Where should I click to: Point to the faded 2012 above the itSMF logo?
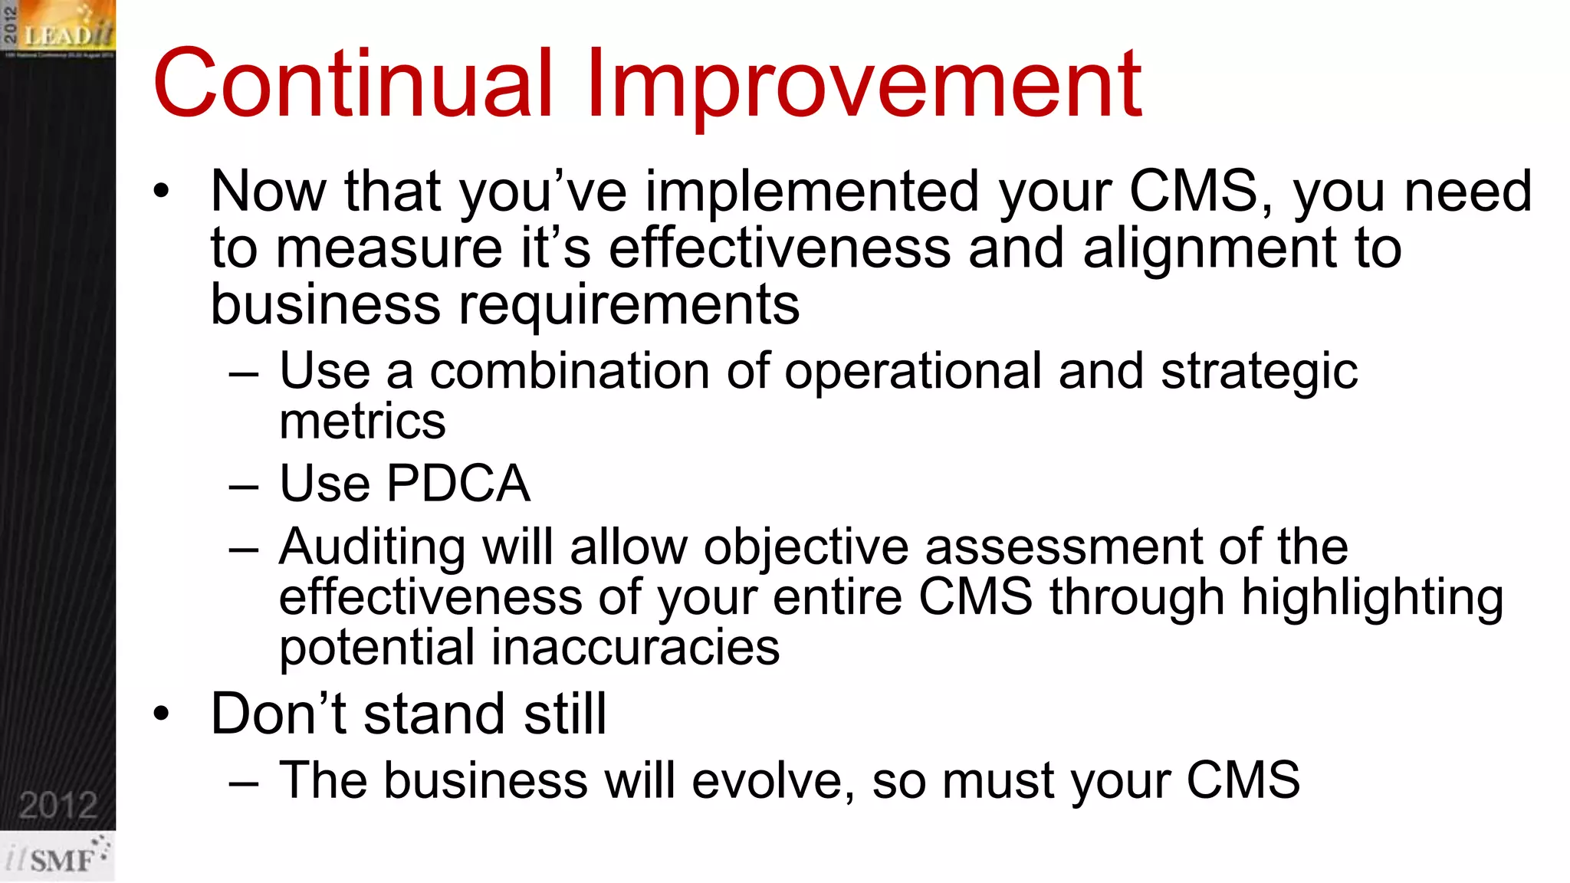click(58, 806)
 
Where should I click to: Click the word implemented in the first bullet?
click(812, 192)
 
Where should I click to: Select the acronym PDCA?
click(458, 484)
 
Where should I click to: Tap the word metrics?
click(362, 422)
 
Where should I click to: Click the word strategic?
click(1259, 373)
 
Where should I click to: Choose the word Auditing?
click(372, 547)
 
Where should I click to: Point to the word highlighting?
click(1371, 598)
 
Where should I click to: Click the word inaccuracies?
click(635, 648)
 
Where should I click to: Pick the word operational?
click(912, 373)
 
